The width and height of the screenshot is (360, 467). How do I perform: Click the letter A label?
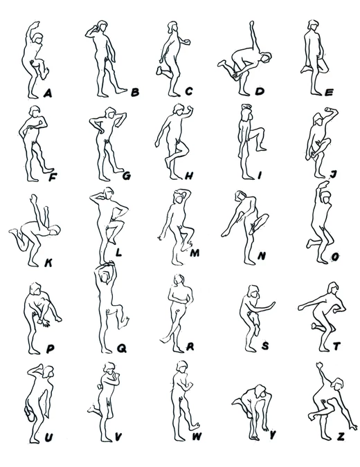[48, 94]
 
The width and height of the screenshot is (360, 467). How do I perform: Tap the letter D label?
[260, 91]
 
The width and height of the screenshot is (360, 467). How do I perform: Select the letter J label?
[334, 174]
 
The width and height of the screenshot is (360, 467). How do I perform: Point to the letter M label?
[195, 253]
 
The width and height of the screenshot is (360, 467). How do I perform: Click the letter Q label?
[121, 348]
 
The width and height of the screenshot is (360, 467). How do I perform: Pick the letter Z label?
[341, 437]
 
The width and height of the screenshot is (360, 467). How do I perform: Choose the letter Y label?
[272, 435]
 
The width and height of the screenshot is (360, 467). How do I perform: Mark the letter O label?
[335, 257]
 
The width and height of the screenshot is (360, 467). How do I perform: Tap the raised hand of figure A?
[36, 24]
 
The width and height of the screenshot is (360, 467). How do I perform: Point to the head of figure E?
[313, 25]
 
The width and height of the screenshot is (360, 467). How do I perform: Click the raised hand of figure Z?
[320, 365]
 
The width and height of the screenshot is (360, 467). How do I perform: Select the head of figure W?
[181, 366]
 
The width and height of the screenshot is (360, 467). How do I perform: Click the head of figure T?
[332, 288]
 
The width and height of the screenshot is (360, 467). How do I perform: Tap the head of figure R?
[179, 280]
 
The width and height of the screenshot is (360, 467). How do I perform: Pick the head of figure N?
[240, 196]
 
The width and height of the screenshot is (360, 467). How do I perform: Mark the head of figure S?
[254, 291]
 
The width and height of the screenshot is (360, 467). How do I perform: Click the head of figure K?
[55, 230]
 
